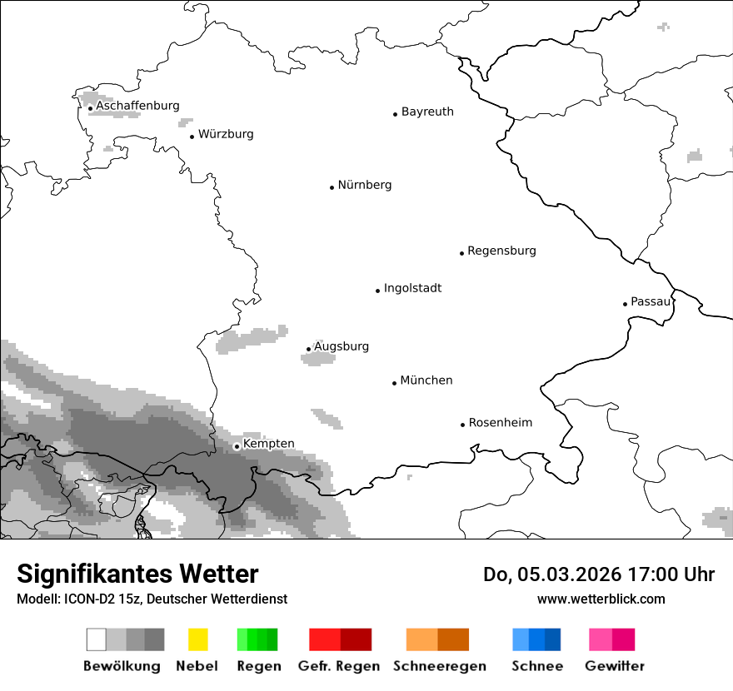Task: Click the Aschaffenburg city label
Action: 137,106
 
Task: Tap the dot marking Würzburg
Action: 192,137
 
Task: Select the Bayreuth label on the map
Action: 427,112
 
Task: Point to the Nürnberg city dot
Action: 332,187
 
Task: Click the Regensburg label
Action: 501,251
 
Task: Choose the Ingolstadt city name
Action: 412,288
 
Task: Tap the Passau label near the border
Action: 650,301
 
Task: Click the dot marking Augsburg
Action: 308,350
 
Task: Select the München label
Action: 426,380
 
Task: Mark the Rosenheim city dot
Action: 462,425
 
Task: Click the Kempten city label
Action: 268,444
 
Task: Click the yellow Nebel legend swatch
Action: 197,639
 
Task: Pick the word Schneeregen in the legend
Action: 439,666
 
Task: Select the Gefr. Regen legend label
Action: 338,666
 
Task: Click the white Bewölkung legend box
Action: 97,639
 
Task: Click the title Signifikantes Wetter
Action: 137,574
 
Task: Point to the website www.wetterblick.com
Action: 601,599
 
